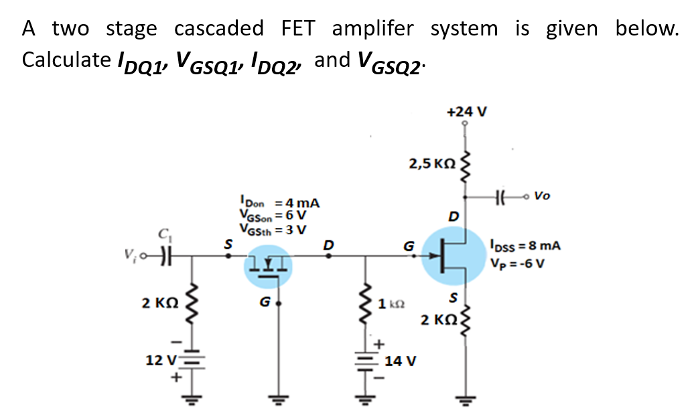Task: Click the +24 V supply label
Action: (x=466, y=111)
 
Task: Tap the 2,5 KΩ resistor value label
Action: (x=432, y=163)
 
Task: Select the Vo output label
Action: (x=543, y=196)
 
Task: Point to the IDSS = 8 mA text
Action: (x=526, y=245)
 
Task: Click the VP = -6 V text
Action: (x=517, y=261)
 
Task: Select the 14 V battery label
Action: (x=401, y=361)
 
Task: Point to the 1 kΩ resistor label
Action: (x=390, y=305)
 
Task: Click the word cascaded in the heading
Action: (x=219, y=28)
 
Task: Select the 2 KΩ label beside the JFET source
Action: (x=437, y=319)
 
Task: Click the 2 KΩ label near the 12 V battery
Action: (x=159, y=303)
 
